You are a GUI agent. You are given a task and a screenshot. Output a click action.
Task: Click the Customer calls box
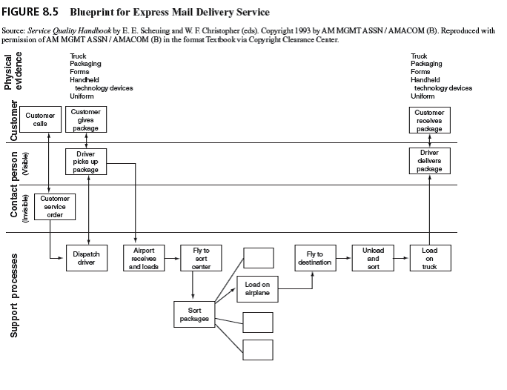tap(40, 120)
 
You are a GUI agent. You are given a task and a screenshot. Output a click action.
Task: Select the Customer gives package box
tap(86, 120)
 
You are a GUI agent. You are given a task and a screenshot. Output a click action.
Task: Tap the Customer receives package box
tap(429, 120)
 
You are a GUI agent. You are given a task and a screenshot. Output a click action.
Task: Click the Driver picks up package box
tap(86, 162)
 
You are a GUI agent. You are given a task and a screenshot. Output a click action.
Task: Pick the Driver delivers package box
tap(429, 161)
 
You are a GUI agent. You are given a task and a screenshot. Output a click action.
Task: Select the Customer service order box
tap(55, 207)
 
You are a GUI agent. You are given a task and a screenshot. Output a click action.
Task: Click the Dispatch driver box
tap(87, 258)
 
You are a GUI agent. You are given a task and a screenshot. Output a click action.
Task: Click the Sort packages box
tap(194, 314)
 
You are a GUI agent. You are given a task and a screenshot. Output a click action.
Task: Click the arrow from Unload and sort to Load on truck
tap(402, 259)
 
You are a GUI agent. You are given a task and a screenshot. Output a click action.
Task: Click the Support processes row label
tap(14, 297)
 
